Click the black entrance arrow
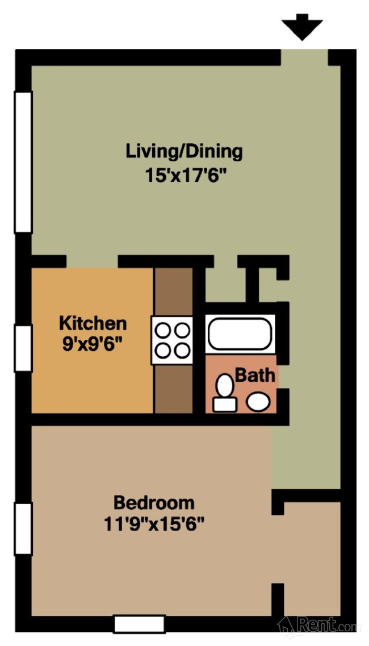[302, 26]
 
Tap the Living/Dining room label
[184, 152]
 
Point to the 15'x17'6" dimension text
[186, 176]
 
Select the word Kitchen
[93, 323]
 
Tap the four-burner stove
[172, 340]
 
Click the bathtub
[240, 334]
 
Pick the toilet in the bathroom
[224, 393]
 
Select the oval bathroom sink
[258, 402]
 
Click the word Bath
[255, 376]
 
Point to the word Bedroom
[154, 503]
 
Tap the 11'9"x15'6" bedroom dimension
[154, 525]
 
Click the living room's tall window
[23, 162]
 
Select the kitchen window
[23, 348]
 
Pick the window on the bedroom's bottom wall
[139, 624]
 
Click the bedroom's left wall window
[23, 529]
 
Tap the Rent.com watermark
[318, 626]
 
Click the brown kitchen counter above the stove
[173, 291]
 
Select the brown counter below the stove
[173, 389]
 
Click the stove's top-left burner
[163, 330]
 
